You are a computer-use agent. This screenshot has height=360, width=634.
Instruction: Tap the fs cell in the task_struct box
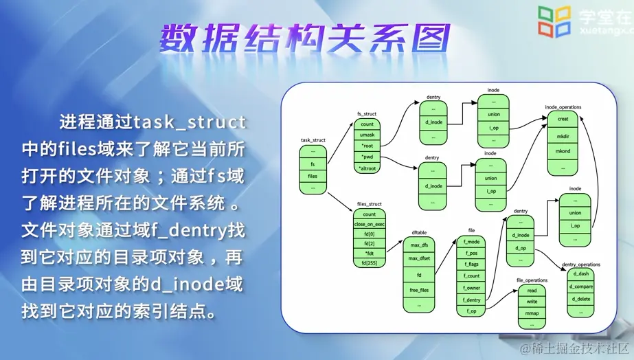(x=313, y=164)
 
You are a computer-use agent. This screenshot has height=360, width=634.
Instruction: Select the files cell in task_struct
(x=313, y=176)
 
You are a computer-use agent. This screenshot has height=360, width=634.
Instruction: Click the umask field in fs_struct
(x=367, y=135)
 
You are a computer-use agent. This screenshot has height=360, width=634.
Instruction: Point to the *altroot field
(x=367, y=168)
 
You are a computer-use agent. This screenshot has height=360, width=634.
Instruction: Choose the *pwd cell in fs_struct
(x=367, y=157)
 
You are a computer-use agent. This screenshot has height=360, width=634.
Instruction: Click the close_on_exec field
(x=369, y=224)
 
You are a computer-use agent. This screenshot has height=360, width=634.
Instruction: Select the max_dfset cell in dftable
(x=419, y=258)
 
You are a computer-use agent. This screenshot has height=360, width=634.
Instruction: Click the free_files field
(x=419, y=289)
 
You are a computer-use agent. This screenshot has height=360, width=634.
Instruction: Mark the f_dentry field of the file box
(x=471, y=300)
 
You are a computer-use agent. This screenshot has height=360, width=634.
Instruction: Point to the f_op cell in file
(x=471, y=311)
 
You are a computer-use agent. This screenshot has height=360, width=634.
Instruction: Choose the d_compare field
(x=582, y=285)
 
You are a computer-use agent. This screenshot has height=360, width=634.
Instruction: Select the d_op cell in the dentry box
(x=520, y=247)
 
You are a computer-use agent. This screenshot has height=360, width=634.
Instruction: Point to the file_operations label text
(x=532, y=280)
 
